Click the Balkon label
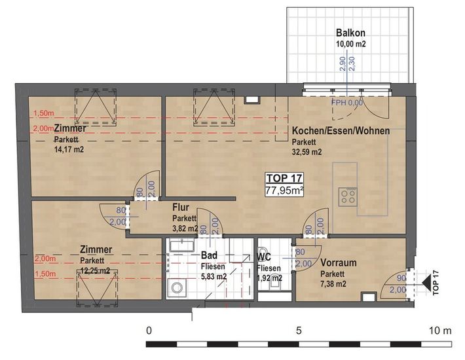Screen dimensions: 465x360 pyautogui.click(x=350, y=33)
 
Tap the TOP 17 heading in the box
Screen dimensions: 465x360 pyautogui.click(x=284, y=179)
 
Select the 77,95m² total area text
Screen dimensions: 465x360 pyautogui.click(x=284, y=190)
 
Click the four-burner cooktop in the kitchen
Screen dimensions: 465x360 pyautogui.click(x=348, y=196)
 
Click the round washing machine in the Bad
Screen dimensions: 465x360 pyautogui.click(x=177, y=287)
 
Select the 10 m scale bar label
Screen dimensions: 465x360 pyautogui.click(x=440, y=331)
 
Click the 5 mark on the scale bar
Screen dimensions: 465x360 pyautogui.click(x=299, y=331)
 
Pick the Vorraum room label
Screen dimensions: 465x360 pyautogui.click(x=339, y=263)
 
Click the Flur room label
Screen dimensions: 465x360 pyautogui.click(x=181, y=207)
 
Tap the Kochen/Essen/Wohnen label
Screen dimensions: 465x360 pyautogui.click(x=341, y=131)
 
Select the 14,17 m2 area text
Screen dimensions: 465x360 pyautogui.click(x=69, y=149)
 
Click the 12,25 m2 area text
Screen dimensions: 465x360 pyautogui.click(x=95, y=271)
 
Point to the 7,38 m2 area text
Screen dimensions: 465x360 pyautogui.click(x=333, y=284)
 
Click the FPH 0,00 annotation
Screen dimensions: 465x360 pyautogui.click(x=347, y=103)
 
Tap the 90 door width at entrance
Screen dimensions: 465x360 pyautogui.click(x=401, y=278)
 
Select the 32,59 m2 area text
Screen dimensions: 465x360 pyautogui.click(x=307, y=152)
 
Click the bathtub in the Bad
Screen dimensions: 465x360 pyautogui.click(x=182, y=245)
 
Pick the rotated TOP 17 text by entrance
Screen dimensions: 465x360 pyautogui.click(x=436, y=283)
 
